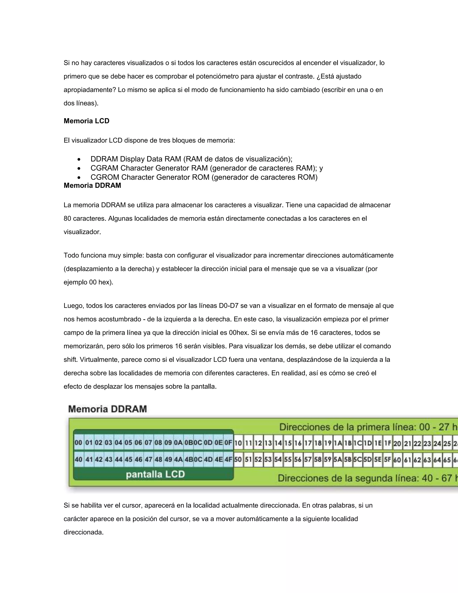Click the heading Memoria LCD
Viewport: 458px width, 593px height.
click(x=86, y=121)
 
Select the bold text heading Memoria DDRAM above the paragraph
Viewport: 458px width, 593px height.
click(x=92, y=186)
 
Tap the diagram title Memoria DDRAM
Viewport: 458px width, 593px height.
click(x=107, y=409)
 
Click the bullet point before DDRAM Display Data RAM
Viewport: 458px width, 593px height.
click(x=79, y=159)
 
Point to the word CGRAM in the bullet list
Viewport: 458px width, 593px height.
click(x=104, y=168)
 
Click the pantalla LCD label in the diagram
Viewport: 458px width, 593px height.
click(x=155, y=474)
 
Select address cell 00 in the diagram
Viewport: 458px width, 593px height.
click(x=78, y=443)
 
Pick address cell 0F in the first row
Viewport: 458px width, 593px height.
click(x=228, y=443)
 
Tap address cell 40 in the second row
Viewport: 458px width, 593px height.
click(x=78, y=459)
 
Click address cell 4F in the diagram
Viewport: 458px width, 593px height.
click(x=228, y=459)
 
